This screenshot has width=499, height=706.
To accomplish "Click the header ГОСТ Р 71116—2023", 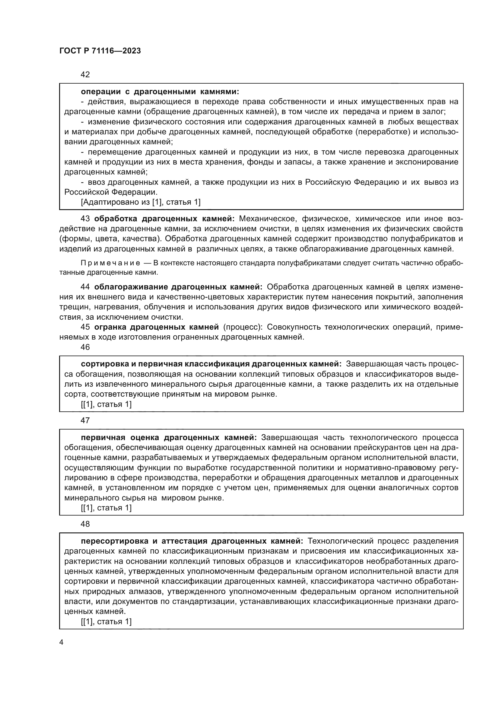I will coord(100,51).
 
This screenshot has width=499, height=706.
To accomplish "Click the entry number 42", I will coord(85,75).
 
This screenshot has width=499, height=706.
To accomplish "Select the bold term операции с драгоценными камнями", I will coord(160,92).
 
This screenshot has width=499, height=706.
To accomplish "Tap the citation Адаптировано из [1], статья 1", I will coord(140,202).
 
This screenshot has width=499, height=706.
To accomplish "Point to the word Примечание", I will coord(110,263).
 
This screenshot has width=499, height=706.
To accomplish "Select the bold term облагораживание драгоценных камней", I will coord(178,287).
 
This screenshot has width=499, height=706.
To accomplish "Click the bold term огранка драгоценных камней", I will coord(156,327).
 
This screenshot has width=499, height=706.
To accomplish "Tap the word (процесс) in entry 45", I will coord(243,327).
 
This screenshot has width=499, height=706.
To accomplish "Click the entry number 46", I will coord(85,347).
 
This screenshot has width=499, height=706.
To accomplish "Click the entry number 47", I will coord(85,421).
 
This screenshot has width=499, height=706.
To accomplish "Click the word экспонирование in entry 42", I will coord(430,162).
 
